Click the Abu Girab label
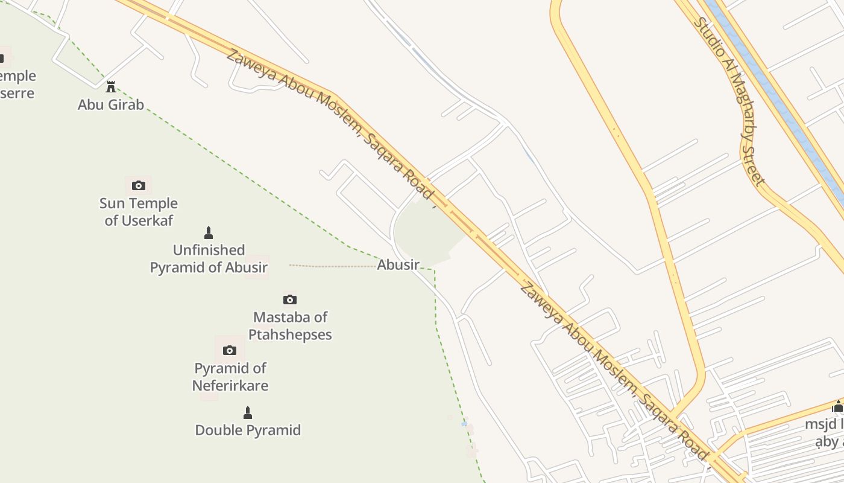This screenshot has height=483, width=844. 111,104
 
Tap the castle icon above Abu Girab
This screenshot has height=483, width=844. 111,87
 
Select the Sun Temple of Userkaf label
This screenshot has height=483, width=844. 139,212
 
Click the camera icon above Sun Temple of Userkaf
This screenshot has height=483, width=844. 139,185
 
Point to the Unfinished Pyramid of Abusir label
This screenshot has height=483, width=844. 209,258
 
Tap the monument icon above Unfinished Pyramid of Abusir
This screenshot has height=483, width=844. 209,232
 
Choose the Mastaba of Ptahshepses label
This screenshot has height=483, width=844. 290,325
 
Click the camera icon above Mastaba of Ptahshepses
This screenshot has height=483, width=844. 290,299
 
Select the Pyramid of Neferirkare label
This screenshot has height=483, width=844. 230,377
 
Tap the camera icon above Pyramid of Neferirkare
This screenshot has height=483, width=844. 230,350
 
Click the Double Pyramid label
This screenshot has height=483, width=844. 248,430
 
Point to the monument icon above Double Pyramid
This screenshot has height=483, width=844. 247,413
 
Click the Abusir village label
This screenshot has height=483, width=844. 398,264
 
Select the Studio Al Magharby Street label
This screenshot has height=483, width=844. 729,101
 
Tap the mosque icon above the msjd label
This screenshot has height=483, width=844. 837,406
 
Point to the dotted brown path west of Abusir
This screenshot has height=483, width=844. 332,265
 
